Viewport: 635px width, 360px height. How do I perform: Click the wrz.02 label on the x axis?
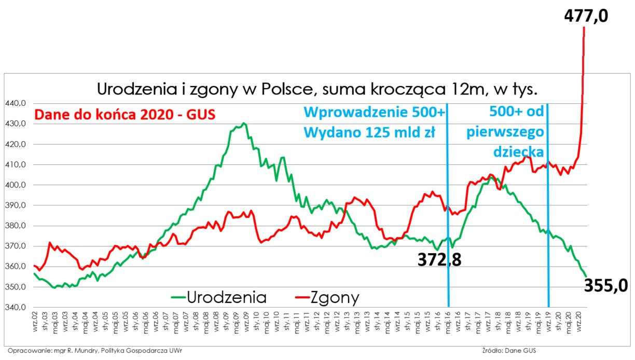35,324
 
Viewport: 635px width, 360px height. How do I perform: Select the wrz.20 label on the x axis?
578,324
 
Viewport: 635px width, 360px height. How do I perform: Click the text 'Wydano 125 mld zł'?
369,132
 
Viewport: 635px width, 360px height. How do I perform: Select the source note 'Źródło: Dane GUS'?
508,351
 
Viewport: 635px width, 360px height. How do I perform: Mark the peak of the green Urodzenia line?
244,123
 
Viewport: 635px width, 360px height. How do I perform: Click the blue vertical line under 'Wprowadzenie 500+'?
448,218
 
